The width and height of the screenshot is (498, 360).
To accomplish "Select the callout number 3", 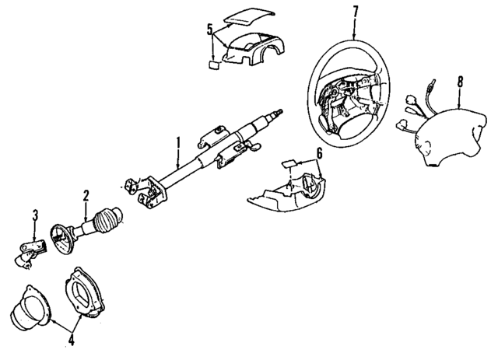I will click(34, 214).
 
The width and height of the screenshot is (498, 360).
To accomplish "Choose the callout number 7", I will click(355, 12).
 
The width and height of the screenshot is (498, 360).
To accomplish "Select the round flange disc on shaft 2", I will click(61, 234).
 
